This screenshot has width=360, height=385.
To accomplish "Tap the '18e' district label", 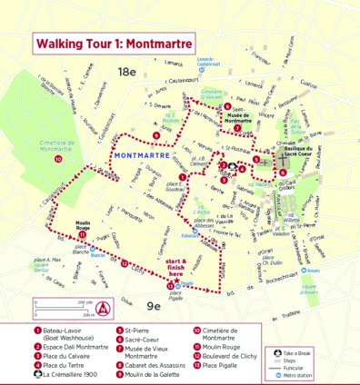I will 125,70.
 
